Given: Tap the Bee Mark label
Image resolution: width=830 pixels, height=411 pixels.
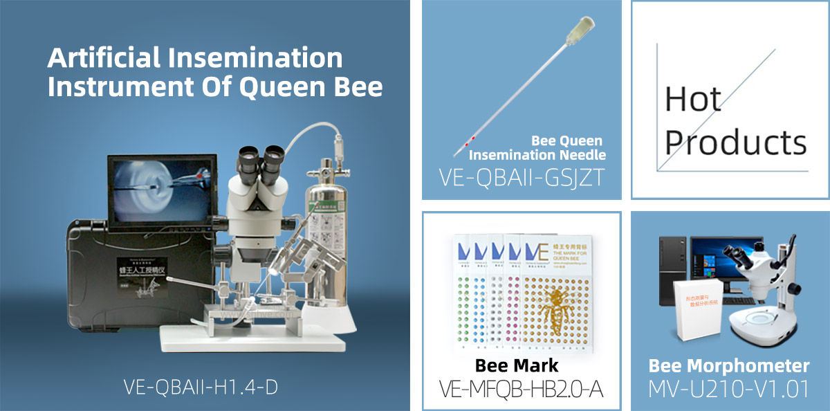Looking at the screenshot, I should click(x=517, y=365).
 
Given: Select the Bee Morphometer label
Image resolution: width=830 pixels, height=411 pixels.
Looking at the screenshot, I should click(x=729, y=365).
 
